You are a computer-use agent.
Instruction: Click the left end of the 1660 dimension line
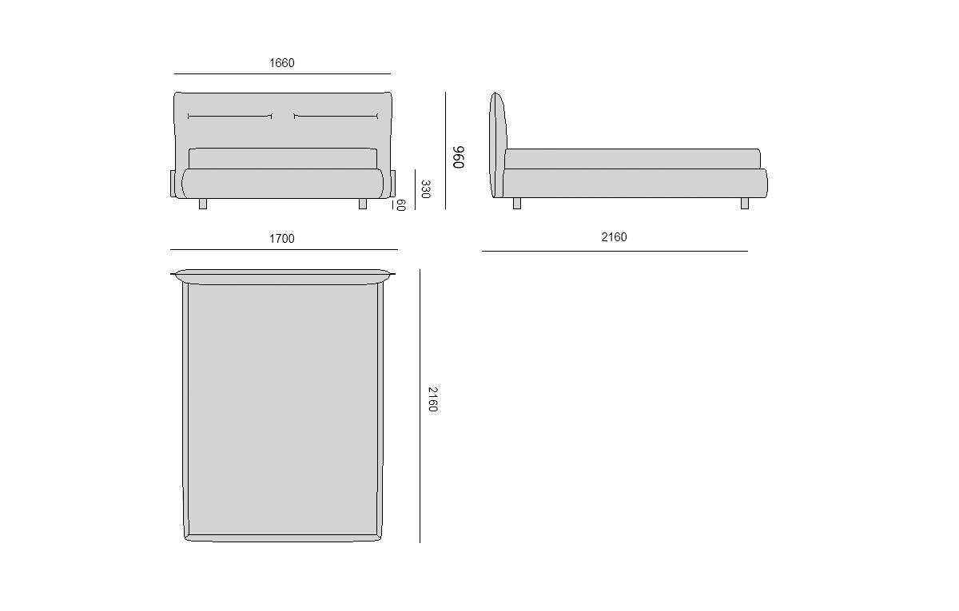pos(174,74)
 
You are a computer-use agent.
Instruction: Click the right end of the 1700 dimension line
pos(398,249)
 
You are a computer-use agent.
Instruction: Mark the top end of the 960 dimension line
pos(445,92)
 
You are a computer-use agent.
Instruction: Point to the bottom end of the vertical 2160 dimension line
pos(420,543)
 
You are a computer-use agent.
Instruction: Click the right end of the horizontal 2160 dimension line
pos(748,251)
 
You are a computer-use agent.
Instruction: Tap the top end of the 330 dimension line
pos(415,169)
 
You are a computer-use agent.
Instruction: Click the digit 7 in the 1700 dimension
pos(277,239)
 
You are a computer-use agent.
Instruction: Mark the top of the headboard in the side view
pos(495,93)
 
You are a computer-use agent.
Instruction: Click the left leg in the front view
pos(203,204)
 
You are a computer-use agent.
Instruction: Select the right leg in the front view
pos(363,204)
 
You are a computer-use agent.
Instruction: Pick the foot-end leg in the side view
pos(745,204)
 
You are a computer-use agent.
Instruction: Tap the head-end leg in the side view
pos(517,204)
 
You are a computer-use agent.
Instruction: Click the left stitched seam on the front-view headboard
pos(230,116)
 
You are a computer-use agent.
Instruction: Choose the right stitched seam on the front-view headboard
pos(336,116)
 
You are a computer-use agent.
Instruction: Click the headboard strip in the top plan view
pos(283,276)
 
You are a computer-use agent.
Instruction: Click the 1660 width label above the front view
pos(281,63)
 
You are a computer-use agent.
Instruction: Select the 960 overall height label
pos(459,157)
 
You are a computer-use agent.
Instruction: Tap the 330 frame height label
pos(425,189)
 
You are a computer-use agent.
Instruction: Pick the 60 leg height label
pos(401,205)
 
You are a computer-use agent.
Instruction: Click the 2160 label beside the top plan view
pos(433,399)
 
